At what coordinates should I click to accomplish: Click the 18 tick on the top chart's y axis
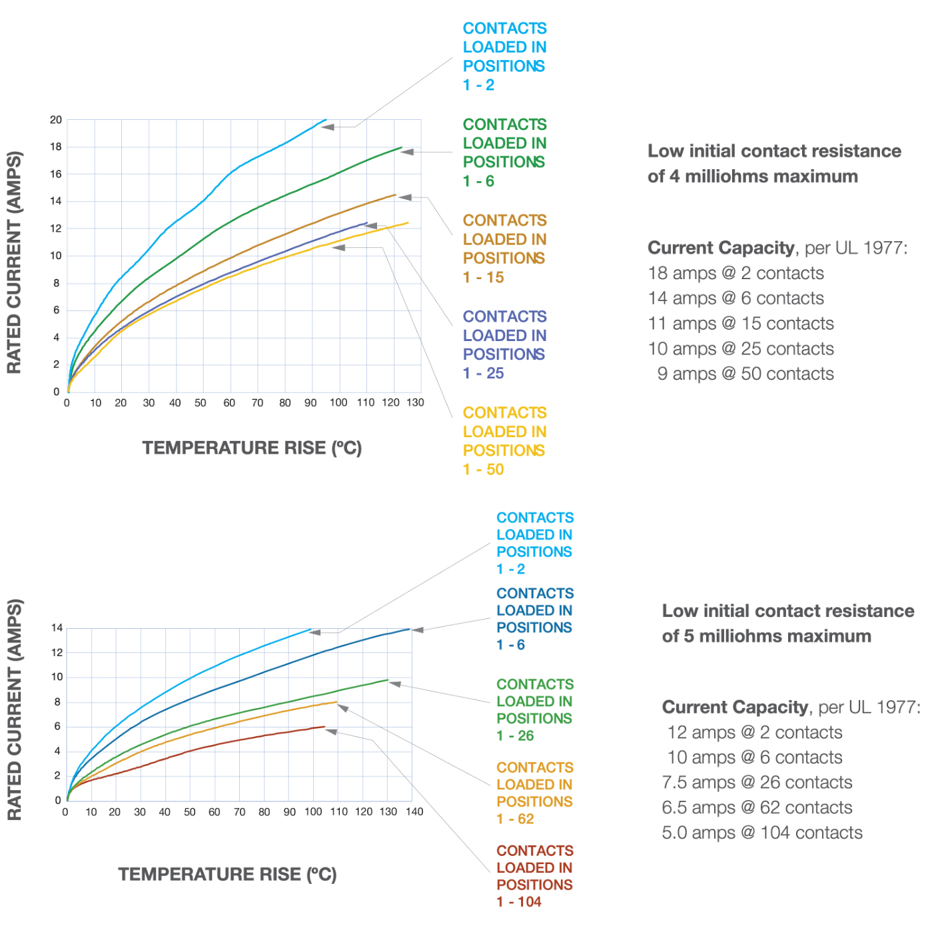(x=56, y=147)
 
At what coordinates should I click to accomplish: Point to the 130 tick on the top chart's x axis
(x=415, y=402)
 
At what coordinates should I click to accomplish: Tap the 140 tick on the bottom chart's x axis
(x=414, y=811)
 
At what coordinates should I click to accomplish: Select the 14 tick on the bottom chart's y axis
(x=57, y=628)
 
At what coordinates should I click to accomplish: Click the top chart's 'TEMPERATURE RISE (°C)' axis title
(x=252, y=448)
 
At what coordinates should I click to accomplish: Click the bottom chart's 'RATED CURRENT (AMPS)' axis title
(x=15, y=710)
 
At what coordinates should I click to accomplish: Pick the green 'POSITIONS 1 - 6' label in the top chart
(x=504, y=153)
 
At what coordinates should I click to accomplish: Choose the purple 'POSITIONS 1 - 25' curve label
(x=504, y=344)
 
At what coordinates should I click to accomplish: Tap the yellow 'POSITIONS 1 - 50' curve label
(x=504, y=441)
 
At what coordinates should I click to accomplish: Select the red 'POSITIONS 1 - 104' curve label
(x=534, y=876)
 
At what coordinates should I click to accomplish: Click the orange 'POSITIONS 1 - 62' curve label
(x=534, y=793)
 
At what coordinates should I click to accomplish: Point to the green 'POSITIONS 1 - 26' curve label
(x=534, y=709)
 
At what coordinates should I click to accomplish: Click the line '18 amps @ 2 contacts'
(x=735, y=274)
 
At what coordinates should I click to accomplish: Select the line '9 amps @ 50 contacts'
(x=745, y=374)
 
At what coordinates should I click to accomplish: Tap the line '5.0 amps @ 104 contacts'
(x=762, y=833)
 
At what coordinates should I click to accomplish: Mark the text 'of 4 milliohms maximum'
(x=753, y=176)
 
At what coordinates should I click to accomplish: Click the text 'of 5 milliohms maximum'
(x=766, y=636)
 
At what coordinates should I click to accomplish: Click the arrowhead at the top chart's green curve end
(x=407, y=152)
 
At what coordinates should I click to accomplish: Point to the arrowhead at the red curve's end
(x=331, y=731)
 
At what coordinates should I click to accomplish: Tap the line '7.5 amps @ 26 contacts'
(x=757, y=782)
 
